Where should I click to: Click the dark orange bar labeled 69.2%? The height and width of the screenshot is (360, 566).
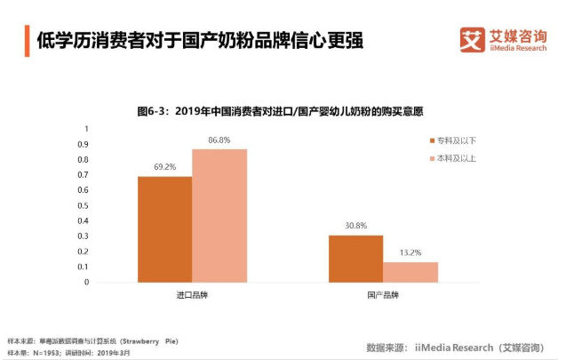click(164, 228)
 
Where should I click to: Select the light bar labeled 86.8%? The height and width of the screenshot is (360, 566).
click(219, 215)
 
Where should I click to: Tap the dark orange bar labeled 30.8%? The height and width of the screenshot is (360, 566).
click(355, 259)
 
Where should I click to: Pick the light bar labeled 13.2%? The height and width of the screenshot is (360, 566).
click(411, 272)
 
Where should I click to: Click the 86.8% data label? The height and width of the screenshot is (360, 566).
click(219, 140)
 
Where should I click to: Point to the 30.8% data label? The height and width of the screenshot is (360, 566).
click(355, 226)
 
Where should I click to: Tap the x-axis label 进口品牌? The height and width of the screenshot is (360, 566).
click(192, 293)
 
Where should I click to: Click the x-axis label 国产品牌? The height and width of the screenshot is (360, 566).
click(383, 293)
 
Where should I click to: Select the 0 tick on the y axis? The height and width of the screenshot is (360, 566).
click(87, 283)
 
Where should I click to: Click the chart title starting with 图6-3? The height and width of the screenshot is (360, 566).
click(280, 111)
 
